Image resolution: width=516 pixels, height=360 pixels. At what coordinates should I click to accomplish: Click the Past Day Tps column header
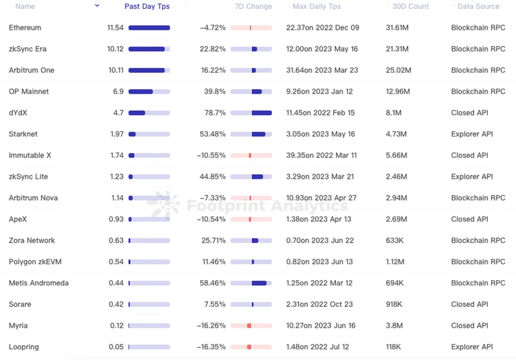coord(147,7)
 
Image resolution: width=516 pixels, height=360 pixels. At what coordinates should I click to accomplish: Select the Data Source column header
coord(478,7)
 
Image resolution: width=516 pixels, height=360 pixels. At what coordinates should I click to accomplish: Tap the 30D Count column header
coord(410,7)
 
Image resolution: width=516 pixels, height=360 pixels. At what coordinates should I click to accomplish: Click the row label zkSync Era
coord(27,49)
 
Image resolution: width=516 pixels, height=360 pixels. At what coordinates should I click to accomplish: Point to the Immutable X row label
coord(30,156)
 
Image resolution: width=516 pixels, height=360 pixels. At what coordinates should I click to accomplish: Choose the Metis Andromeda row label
coord(39,283)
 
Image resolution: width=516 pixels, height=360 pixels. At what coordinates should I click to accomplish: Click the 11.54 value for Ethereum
coord(115,28)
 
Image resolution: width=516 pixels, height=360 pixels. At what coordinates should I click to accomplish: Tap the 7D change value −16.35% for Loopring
coord(211,347)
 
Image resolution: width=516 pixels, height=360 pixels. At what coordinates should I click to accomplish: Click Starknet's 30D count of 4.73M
coord(396,134)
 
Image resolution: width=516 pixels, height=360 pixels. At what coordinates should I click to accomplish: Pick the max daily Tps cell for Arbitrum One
coord(322,70)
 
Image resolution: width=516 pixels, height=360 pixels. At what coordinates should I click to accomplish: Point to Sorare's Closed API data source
coord(469,305)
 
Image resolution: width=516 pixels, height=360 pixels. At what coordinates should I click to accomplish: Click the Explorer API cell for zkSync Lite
coord(472,177)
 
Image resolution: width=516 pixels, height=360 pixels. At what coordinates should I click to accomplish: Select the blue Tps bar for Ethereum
coord(149,28)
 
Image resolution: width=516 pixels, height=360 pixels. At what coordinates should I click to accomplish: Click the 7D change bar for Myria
coord(251,326)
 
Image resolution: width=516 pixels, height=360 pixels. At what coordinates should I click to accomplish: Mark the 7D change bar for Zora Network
coord(251,241)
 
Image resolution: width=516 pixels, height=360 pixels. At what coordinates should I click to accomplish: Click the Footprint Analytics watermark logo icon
coord(166,204)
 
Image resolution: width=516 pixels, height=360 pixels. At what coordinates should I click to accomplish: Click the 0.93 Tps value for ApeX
coord(116,219)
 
